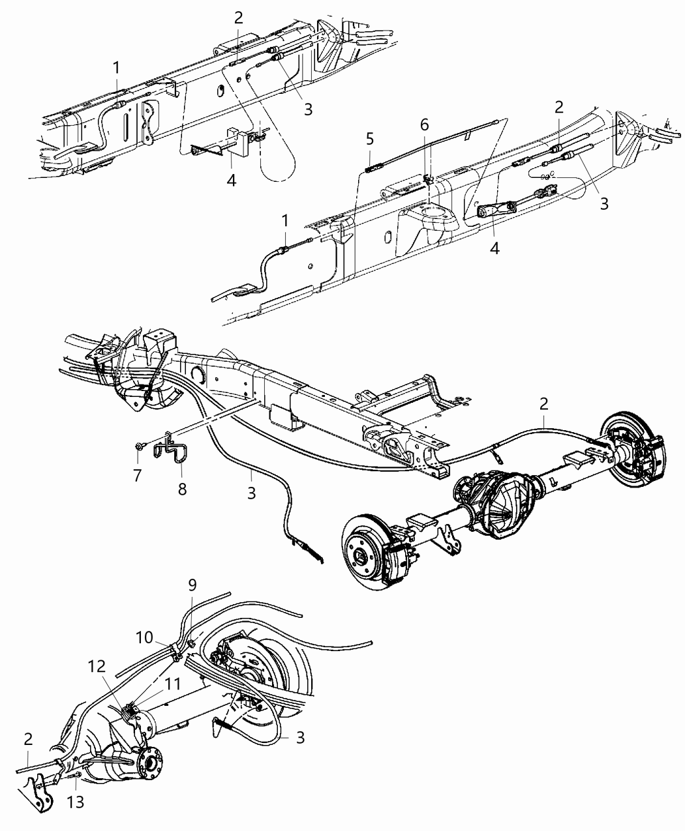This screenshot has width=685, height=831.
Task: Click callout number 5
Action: pos(370,139)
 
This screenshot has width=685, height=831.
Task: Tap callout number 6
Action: pos(425,124)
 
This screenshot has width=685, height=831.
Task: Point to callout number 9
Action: pos(192,585)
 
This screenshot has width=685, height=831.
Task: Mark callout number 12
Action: pos(97,666)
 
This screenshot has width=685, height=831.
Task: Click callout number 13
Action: pos(75,802)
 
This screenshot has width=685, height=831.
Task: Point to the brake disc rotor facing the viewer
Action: pos(369,552)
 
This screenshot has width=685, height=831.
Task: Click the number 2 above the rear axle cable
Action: pos(544,404)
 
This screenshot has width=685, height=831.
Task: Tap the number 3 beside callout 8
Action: pos(251,493)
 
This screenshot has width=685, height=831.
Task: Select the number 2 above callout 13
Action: pos(28,739)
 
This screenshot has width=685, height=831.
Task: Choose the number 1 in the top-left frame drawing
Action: pos(116,68)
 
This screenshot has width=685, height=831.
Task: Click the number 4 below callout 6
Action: pos(495,248)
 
